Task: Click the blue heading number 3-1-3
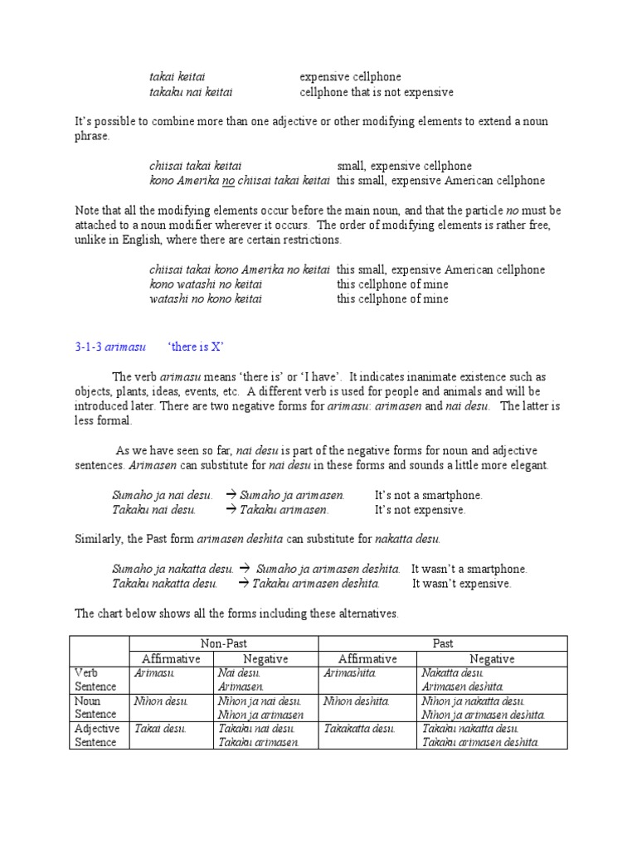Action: coord(89,346)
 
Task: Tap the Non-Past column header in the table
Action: coord(224,643)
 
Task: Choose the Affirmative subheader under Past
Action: coord(367,658)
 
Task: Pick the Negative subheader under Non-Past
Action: coord(265,658)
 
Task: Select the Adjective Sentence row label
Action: coord(97,735)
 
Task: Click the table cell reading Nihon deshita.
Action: coord(357,701)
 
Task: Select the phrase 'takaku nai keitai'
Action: coord(190,92)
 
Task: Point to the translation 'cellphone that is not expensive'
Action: coord(377,92)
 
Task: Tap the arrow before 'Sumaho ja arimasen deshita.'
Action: coord(246,569)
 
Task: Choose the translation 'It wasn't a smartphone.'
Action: coord(469,569)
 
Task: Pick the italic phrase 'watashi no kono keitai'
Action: coord(206,298)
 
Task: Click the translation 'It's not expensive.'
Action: coord(421,510)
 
